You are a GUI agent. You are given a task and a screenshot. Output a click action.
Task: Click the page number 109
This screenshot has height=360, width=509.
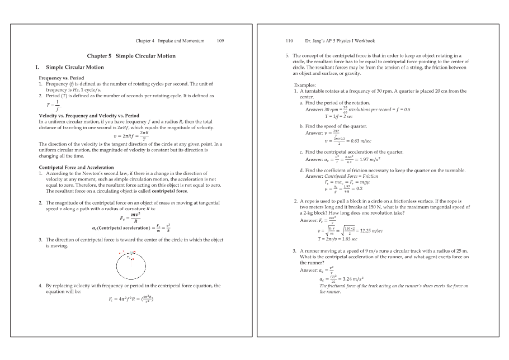tap(220, 41)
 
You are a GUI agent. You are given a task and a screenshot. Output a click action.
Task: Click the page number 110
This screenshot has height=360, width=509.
tap(289, 41)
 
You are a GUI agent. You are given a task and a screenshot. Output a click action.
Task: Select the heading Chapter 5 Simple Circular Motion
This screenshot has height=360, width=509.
tap(131, 56)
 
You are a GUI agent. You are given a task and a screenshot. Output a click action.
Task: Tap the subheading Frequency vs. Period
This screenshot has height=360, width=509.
tap(61, 78)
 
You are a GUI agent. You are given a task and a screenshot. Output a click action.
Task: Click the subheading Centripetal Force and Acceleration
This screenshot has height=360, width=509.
tap(76, 168)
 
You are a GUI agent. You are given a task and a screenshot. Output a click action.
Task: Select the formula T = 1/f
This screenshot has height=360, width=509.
tap(55, 106)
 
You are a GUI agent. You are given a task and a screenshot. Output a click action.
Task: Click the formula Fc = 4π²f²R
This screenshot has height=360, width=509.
tap(131, 299)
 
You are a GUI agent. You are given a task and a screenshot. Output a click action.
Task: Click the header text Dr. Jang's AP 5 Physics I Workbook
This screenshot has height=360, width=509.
tap(340, 41)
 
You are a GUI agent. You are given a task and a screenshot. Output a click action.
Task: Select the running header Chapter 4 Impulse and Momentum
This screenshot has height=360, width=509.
tap(170, 41)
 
